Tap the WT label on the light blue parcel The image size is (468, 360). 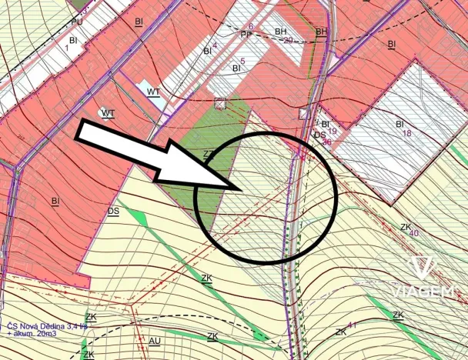tap(153, 92)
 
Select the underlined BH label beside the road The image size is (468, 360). tap(321, 32)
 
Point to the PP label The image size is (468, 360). tap(246, 34)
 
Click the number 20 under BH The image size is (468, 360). tap(289, 40)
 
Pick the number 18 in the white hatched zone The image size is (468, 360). tap(407, 133)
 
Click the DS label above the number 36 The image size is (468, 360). tap(319, 135)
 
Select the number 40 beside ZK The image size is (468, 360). tap(414, 232)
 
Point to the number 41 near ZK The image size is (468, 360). tap(353, 326)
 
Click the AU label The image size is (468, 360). tap(155, 340)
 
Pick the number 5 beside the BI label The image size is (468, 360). tap(242, 61)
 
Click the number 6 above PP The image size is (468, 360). tap(251, 26)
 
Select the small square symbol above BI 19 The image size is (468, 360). tap(303, 114)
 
